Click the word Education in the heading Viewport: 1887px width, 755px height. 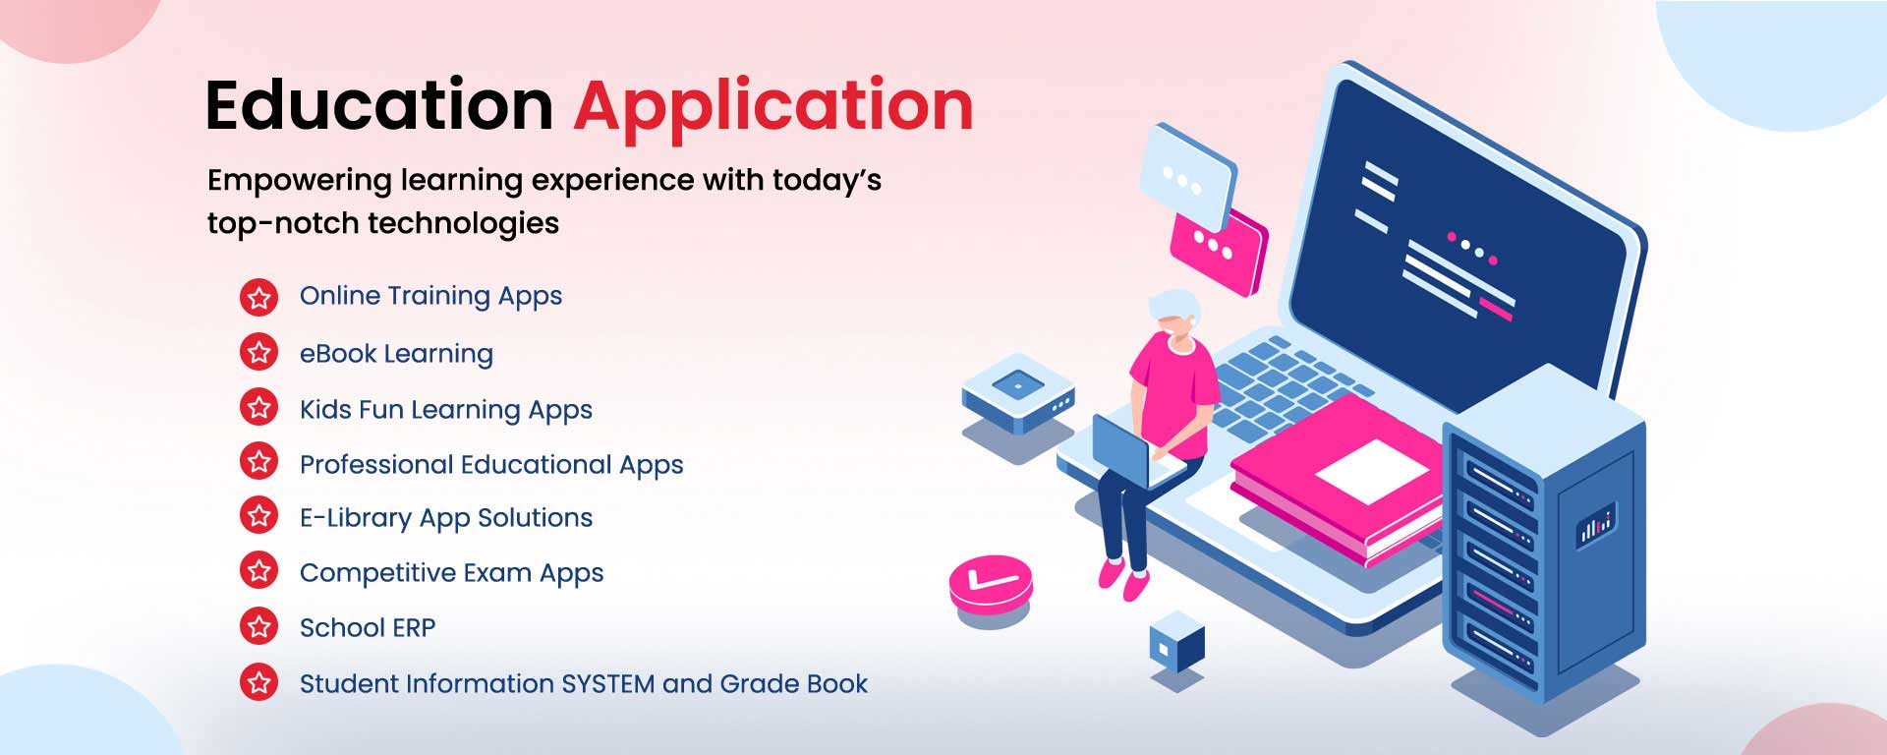pyautogui.click(x=379, y=105)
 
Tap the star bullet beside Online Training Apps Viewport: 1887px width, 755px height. pyautogui.click(x=259, y=296)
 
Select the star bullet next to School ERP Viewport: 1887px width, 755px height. pyautogui.click(x=259, y=627)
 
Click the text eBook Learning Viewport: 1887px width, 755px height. pyautogui.click(x=396, y=354)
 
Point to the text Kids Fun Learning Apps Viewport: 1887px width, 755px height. pyautogui.click(x=446, y=410)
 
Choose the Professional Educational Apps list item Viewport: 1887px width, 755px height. pyautogui.click(x=491, y=465)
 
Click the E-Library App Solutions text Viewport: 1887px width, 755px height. pyautogui.click(x=446, y=518)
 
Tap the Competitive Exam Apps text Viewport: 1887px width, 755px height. pyautogui.click(x=451, y=573)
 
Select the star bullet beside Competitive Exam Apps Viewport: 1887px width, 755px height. pyautogui.click(x=259, y=571)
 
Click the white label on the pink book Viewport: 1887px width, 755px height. pyautogui.click(x=1373, y=471)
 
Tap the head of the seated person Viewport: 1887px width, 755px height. pyautogui.click(x=1174, y=314)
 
